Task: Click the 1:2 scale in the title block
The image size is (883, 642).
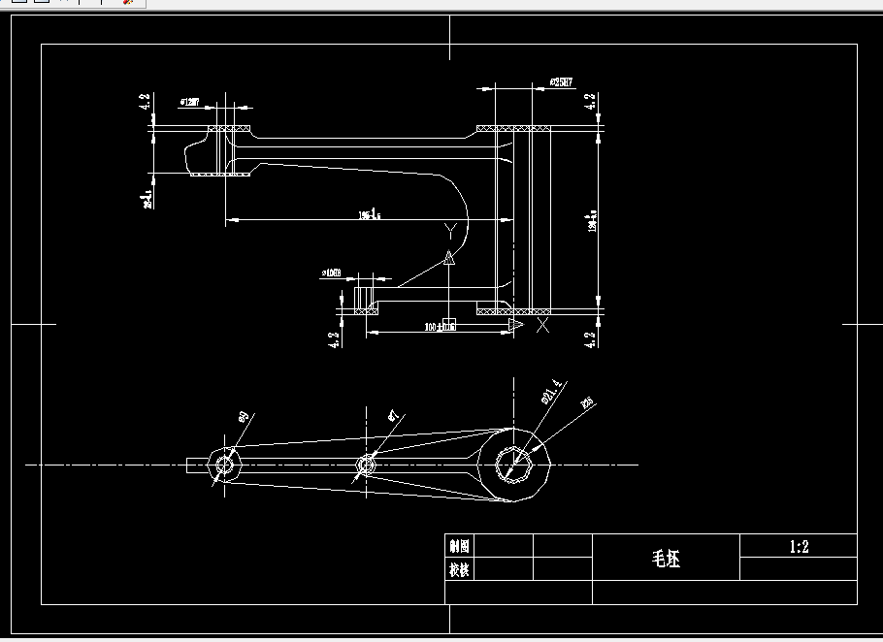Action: (x=799, y=547)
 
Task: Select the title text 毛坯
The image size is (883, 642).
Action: (x=666, y=560)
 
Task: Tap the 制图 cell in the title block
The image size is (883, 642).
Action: (x=459, y=546)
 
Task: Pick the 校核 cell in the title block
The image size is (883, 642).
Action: (x=459, y=570)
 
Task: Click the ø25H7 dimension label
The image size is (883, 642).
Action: (x=562, y=83)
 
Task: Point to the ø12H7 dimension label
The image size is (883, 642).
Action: (x=190, y=101)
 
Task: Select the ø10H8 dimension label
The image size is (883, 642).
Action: (x=332, y=274)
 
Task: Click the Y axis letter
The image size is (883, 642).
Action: (x=449, y=230)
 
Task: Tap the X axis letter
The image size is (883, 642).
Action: (x=542, y=325)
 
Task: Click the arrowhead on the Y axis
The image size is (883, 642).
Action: (x=449, y=258)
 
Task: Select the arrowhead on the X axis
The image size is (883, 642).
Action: (x=516, y=324)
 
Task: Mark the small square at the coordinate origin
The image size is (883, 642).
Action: (x=449, y=323)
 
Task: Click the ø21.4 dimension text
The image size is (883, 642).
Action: (x=550, y=391)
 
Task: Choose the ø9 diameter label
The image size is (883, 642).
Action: (x=244, y=417)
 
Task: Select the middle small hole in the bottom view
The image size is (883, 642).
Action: (x=366, y=465)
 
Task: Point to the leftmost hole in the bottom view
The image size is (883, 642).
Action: (x=225, y=465)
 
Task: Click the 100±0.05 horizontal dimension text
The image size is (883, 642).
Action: (x=440, y=329)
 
